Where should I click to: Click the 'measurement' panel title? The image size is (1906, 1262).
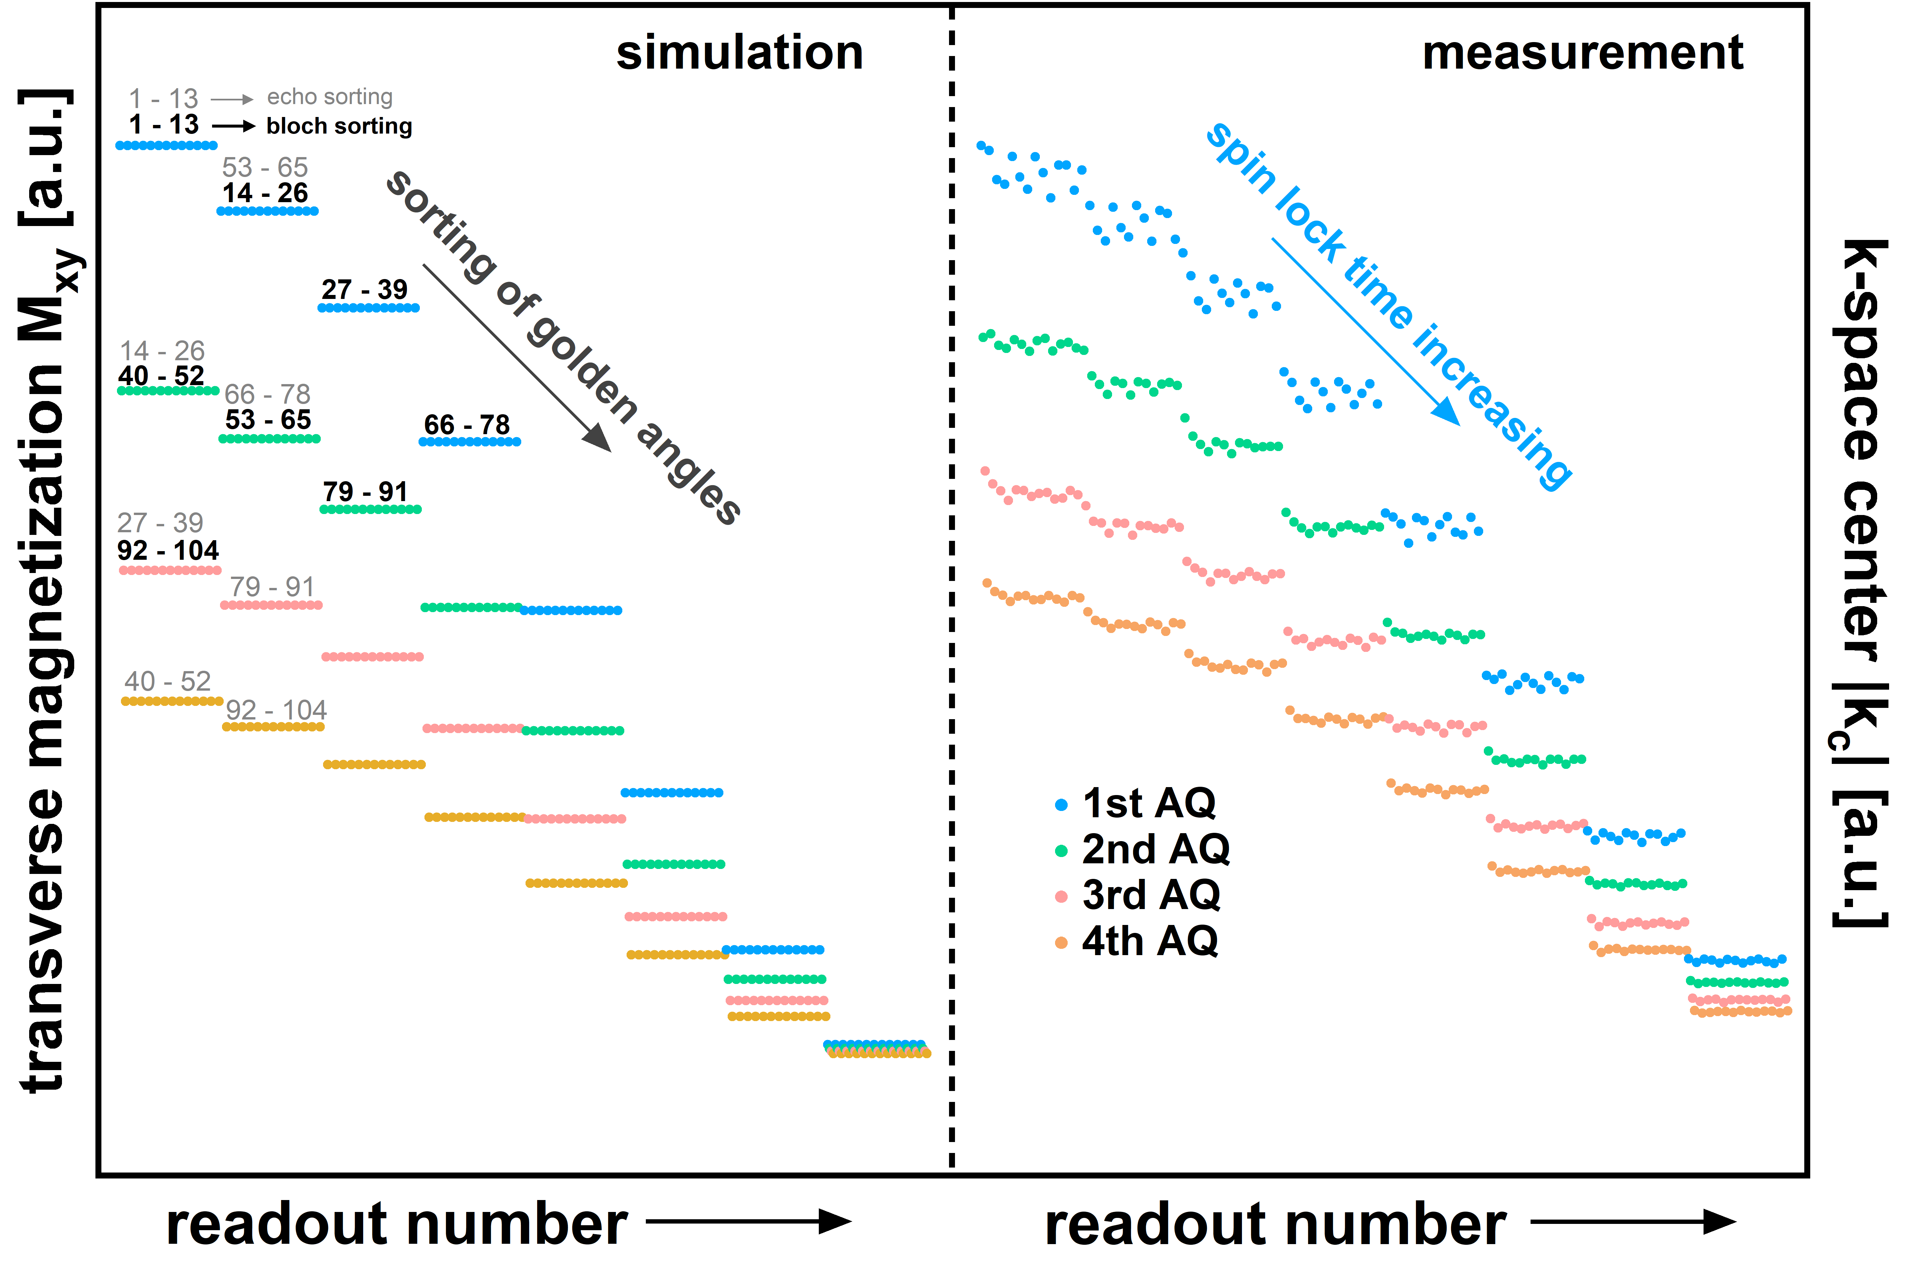[1582, 53]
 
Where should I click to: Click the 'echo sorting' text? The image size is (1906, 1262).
[330, 97]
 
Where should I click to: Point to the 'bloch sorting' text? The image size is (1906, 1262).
[339, 126]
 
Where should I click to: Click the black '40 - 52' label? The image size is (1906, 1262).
[161, 376]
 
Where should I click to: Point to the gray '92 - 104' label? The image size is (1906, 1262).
[276, 710]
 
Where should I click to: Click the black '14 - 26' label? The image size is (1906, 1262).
[265, 193]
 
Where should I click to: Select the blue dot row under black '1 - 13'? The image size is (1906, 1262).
[167, 146]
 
